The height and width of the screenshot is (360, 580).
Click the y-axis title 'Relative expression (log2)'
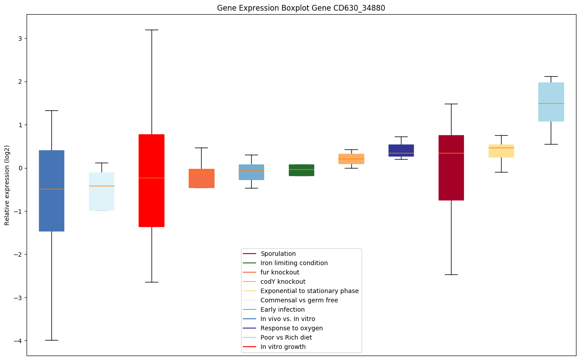pyautogui.click(x=7, y=185)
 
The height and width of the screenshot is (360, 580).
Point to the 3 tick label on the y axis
pyautogui.click(x=20, y=39)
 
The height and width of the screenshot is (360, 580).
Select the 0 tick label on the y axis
pyautogui.click(x=20, y=168)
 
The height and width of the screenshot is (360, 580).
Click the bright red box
pyautogui.click(x=152, y=180)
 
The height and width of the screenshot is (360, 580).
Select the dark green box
pyautogui.click(x=301, y=170)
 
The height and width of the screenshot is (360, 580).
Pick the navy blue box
pyautogui.click(x=401, y=150)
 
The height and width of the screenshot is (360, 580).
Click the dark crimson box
pyautogui.click(x=451, y=168)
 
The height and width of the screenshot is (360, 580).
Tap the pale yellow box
pyautogui.click(x=501, y=151)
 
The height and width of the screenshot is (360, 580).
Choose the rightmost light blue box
pyautogui.click(x=551, y=102)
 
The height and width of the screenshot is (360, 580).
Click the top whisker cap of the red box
pyautogui.click(x=152, y=30)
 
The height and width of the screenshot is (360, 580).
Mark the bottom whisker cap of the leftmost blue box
pyautogui.click(x=51, y=340)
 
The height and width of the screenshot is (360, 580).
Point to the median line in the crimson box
pyautogui.click(x=451, y=153)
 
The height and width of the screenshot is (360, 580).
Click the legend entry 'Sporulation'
pyautogui.click(x=278, y=254)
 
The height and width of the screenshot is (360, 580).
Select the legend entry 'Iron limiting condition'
pyautogui.click(x=294, y=263)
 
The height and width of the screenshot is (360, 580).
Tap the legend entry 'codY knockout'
pyautogui.click(x=283, y=282)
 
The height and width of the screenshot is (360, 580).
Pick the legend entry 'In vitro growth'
pyautogui.click(x=283, y=347)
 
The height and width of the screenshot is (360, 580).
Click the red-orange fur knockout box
pyautogui.click(x=202, y=178)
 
